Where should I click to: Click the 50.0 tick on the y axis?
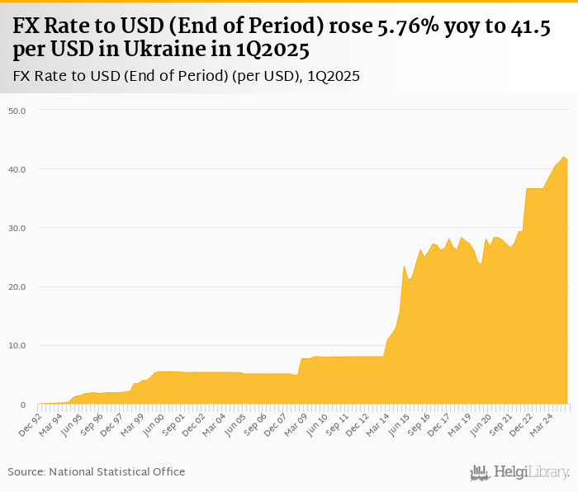tap(17, 110)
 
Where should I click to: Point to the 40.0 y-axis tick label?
tap(17, 169)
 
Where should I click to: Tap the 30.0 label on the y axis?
tap(17, 228)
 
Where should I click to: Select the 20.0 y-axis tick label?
tap(17, 286)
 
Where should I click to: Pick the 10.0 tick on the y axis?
tap(17, 346)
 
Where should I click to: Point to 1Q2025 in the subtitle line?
tap(334, 76)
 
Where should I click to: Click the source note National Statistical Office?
tap(117, 471)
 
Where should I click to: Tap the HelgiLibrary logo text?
tap(531, 472)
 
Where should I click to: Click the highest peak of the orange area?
tap(563, 157)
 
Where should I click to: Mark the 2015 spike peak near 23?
tap(404, 266)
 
